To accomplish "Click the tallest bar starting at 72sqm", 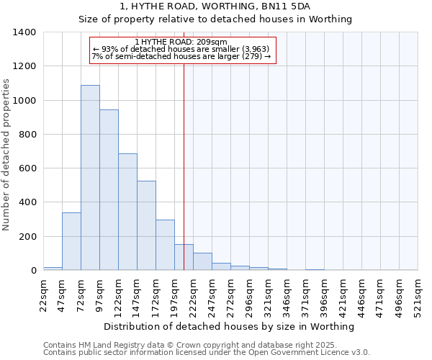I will pos(90,178).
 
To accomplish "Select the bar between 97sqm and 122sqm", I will pos(109,190).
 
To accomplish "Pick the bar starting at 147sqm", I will pos(146,225).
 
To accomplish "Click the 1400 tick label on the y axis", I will pos(24,32).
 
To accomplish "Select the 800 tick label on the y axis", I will pos(27,135).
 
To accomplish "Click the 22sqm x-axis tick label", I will pos(43,294).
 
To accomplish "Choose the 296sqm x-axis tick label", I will pos(249,294).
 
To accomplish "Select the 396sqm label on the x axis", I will pos(324,294).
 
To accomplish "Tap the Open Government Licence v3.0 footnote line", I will pos(206,353).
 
